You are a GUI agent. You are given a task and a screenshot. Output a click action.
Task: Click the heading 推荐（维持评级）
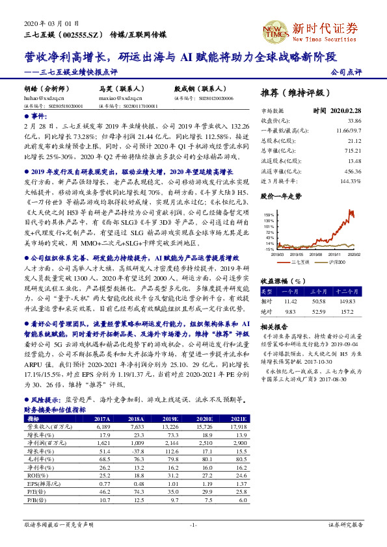(x=295, y=93)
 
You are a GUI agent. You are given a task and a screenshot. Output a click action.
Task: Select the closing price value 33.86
(x=354, y=121)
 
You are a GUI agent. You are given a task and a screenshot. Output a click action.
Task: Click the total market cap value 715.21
(x=354, y=150)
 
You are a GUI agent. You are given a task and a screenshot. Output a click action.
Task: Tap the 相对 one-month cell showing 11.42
(x=290, y=301)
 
